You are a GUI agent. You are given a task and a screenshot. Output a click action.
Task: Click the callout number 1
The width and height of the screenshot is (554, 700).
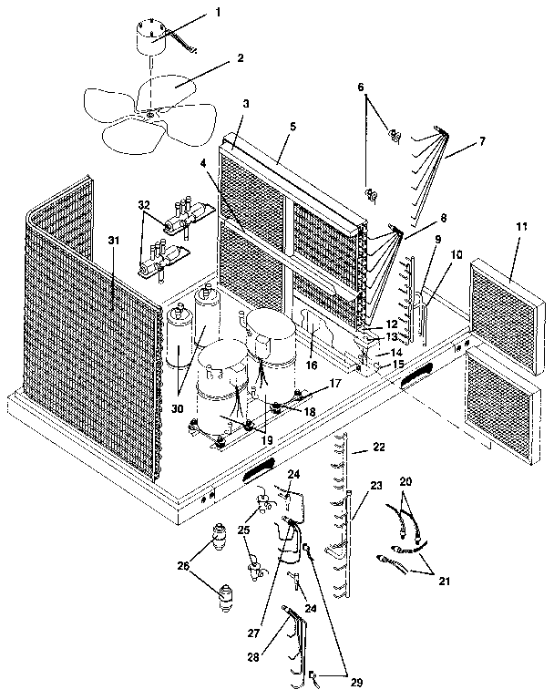(x=218, y=13)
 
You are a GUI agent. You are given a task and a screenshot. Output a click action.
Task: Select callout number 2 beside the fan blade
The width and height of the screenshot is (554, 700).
(x=240, y=57)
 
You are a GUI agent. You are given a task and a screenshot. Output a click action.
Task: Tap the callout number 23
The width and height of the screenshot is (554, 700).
(x=377, y=488)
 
